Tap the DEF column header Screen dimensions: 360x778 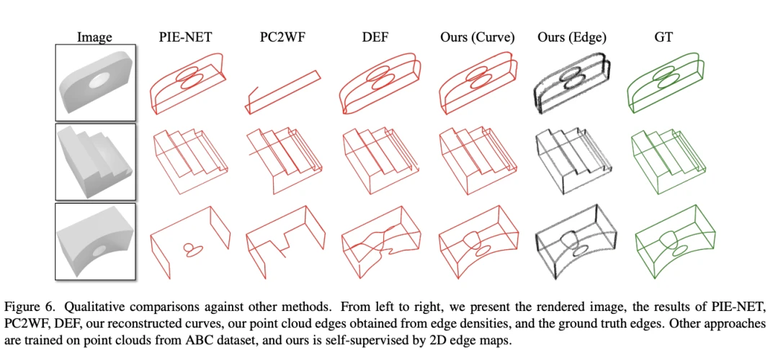(376, 37)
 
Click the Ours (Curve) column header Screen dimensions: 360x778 (477, 37)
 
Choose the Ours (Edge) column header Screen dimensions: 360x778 (571, 37)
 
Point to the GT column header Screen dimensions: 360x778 (663, 37)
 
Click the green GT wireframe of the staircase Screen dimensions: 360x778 (666, 161)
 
